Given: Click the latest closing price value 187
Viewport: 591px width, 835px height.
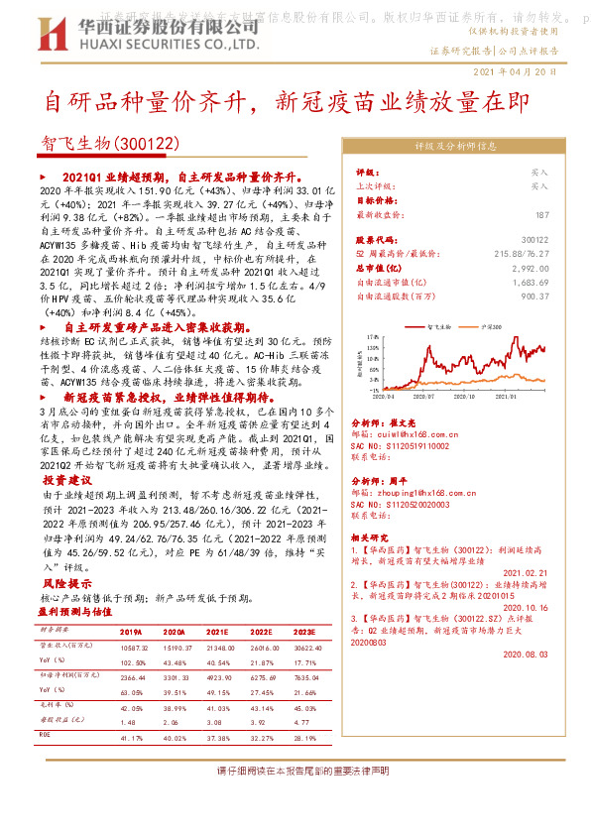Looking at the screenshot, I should point(568,214).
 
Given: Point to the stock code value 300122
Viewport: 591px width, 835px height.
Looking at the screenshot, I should point(561,240).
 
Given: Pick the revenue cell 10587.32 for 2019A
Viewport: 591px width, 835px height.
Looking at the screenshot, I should point(133,645).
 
